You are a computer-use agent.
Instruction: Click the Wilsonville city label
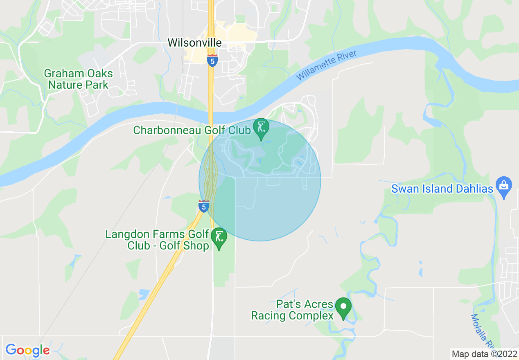coord(194,43)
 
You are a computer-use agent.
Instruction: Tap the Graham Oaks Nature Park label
coord(78,79)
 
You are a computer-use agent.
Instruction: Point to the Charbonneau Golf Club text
coord(192,130)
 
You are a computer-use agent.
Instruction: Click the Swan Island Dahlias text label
coord(442,189)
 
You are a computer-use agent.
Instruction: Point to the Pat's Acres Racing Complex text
coord(292,310)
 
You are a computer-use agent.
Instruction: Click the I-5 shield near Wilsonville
coord(212,60)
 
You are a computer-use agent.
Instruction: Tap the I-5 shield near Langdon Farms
coord(203,206)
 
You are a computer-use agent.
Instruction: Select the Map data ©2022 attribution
coord(484,354)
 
